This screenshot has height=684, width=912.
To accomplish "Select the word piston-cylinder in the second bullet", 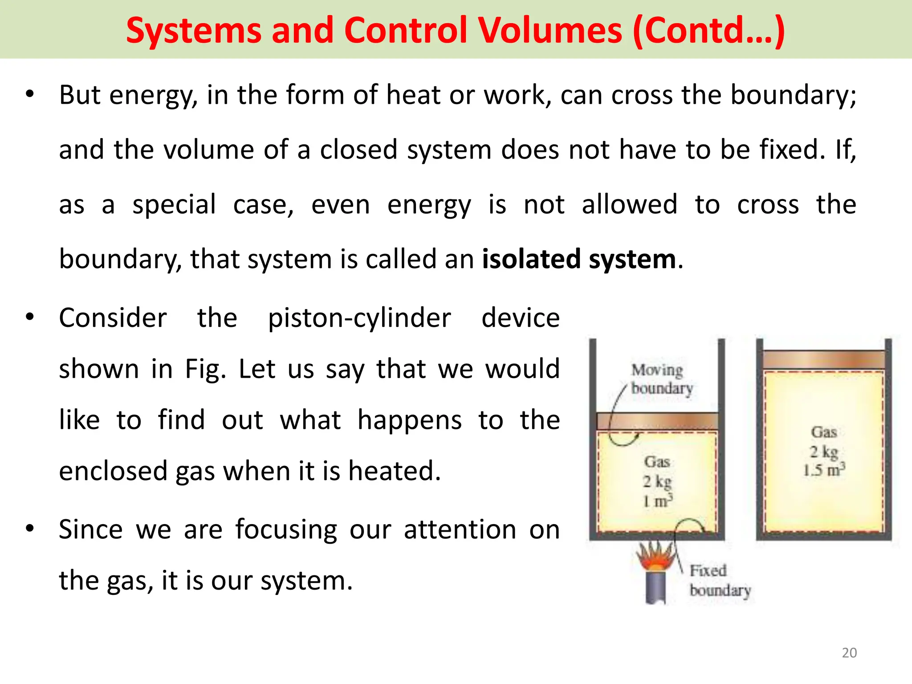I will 359,318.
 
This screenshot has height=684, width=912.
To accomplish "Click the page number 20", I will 849,653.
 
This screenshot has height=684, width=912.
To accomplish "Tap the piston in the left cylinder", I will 657,421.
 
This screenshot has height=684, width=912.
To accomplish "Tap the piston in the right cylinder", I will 823,359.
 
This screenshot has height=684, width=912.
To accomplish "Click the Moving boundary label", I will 661,379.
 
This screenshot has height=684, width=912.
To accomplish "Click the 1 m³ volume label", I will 657,501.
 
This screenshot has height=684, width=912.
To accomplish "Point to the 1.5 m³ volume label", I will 824,470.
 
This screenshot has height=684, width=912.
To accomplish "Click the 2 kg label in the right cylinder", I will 824,452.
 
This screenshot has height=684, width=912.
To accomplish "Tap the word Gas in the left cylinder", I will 657,462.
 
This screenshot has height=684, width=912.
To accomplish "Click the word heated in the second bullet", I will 394,471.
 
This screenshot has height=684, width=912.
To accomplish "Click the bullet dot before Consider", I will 30,318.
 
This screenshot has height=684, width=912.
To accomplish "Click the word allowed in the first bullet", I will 629,205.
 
